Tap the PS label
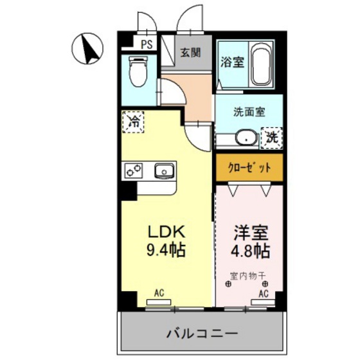147,44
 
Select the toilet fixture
136,71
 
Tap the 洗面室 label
249,111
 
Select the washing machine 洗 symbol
272,137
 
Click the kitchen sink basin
163,171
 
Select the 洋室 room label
248,231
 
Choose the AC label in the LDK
159,293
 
